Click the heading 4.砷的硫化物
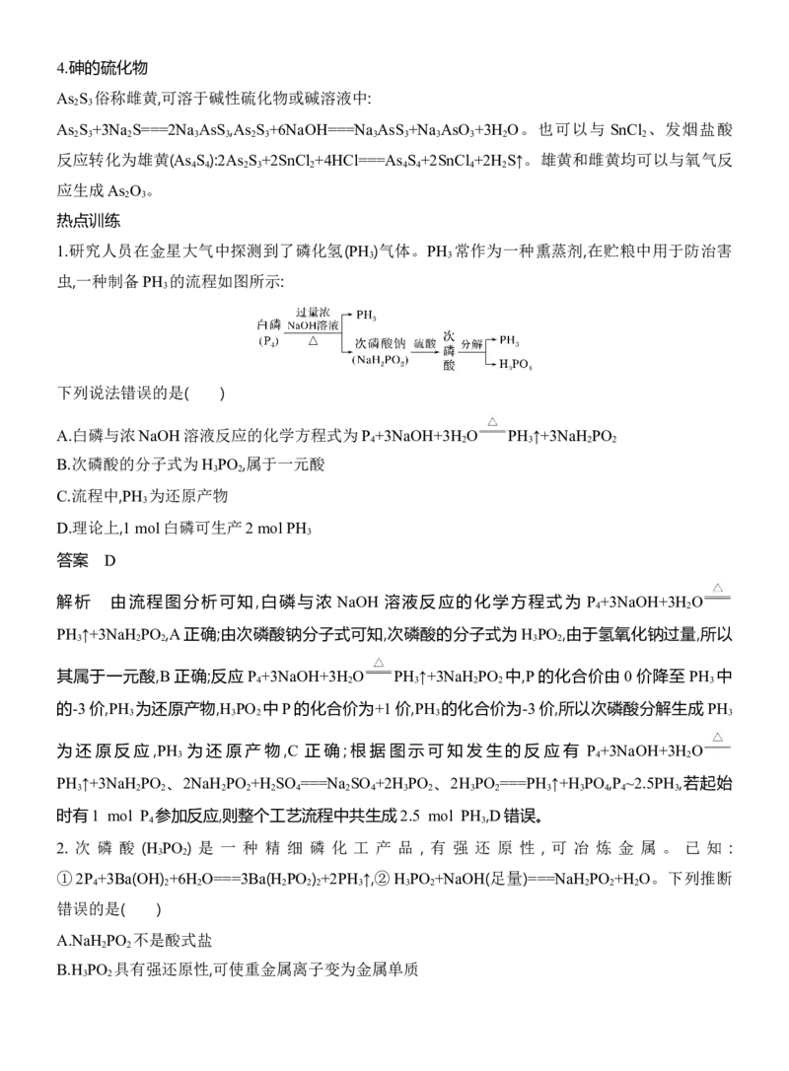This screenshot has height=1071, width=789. pyautogui.click(x=103, y=68)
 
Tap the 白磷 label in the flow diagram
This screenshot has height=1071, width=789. pyautogui.click(x=268, y=325)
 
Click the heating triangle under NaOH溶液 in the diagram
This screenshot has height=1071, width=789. pyautogui.click(x=313, y=339)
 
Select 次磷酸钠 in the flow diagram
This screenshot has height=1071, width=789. pyautogui.click(x=381, y=343)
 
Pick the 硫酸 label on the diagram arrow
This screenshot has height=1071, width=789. pyautogui.click(x=424, y=343)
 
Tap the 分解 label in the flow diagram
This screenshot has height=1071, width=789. pyautogui.click(x=471, y=343)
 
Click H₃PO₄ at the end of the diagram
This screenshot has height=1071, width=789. pyautogui.click(x=515, y=364)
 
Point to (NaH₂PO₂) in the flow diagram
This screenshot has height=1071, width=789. pyautogui.click(x=380, y=360)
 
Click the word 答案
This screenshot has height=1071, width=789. pyautogui.click(x=72, y=561)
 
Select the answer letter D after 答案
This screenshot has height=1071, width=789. pyautogui.click(x=110, y=561)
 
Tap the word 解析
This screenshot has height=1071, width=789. pyautogui.click(x=73, y=602)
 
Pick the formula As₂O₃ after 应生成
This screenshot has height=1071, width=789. pyautogui.click(x=127, y=190)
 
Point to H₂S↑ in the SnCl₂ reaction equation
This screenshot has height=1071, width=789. pyautogui.click(x=508, y=161)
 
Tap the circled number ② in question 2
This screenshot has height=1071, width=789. pyautogui.click(x=383, y=879)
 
